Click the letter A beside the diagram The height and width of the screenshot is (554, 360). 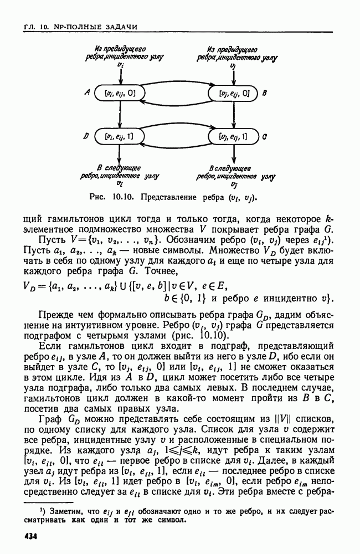click(x=88, y=94)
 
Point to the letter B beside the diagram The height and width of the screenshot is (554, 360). click(x=265, y=94)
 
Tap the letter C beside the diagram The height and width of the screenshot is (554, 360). click(x=265, y=136)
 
